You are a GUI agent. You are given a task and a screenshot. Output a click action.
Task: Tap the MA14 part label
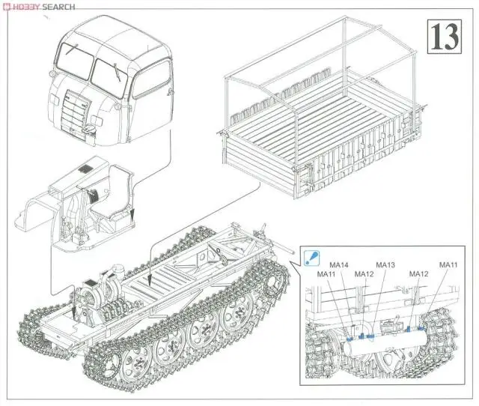(340, 265)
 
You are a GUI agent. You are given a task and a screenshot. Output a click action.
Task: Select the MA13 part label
(385, 265)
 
